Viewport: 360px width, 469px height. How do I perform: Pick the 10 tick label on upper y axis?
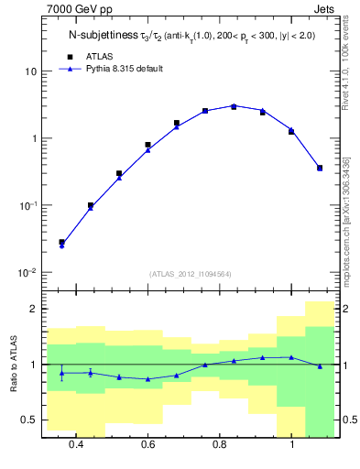[30, 71]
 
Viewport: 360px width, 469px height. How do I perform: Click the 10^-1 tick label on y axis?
[27, 206]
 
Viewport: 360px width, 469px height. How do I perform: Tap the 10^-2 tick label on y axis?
[27, 273]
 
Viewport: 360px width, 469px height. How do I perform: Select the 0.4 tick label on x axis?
[76, 445]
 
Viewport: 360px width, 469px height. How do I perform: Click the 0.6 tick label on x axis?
[147, 445]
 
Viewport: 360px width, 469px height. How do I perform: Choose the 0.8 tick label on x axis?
[220, 445]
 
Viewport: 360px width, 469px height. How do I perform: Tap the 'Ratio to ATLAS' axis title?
[12, 365]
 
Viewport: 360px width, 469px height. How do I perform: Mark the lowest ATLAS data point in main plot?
[61, 243]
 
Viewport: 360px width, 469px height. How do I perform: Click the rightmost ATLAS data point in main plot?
[319, 168]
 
